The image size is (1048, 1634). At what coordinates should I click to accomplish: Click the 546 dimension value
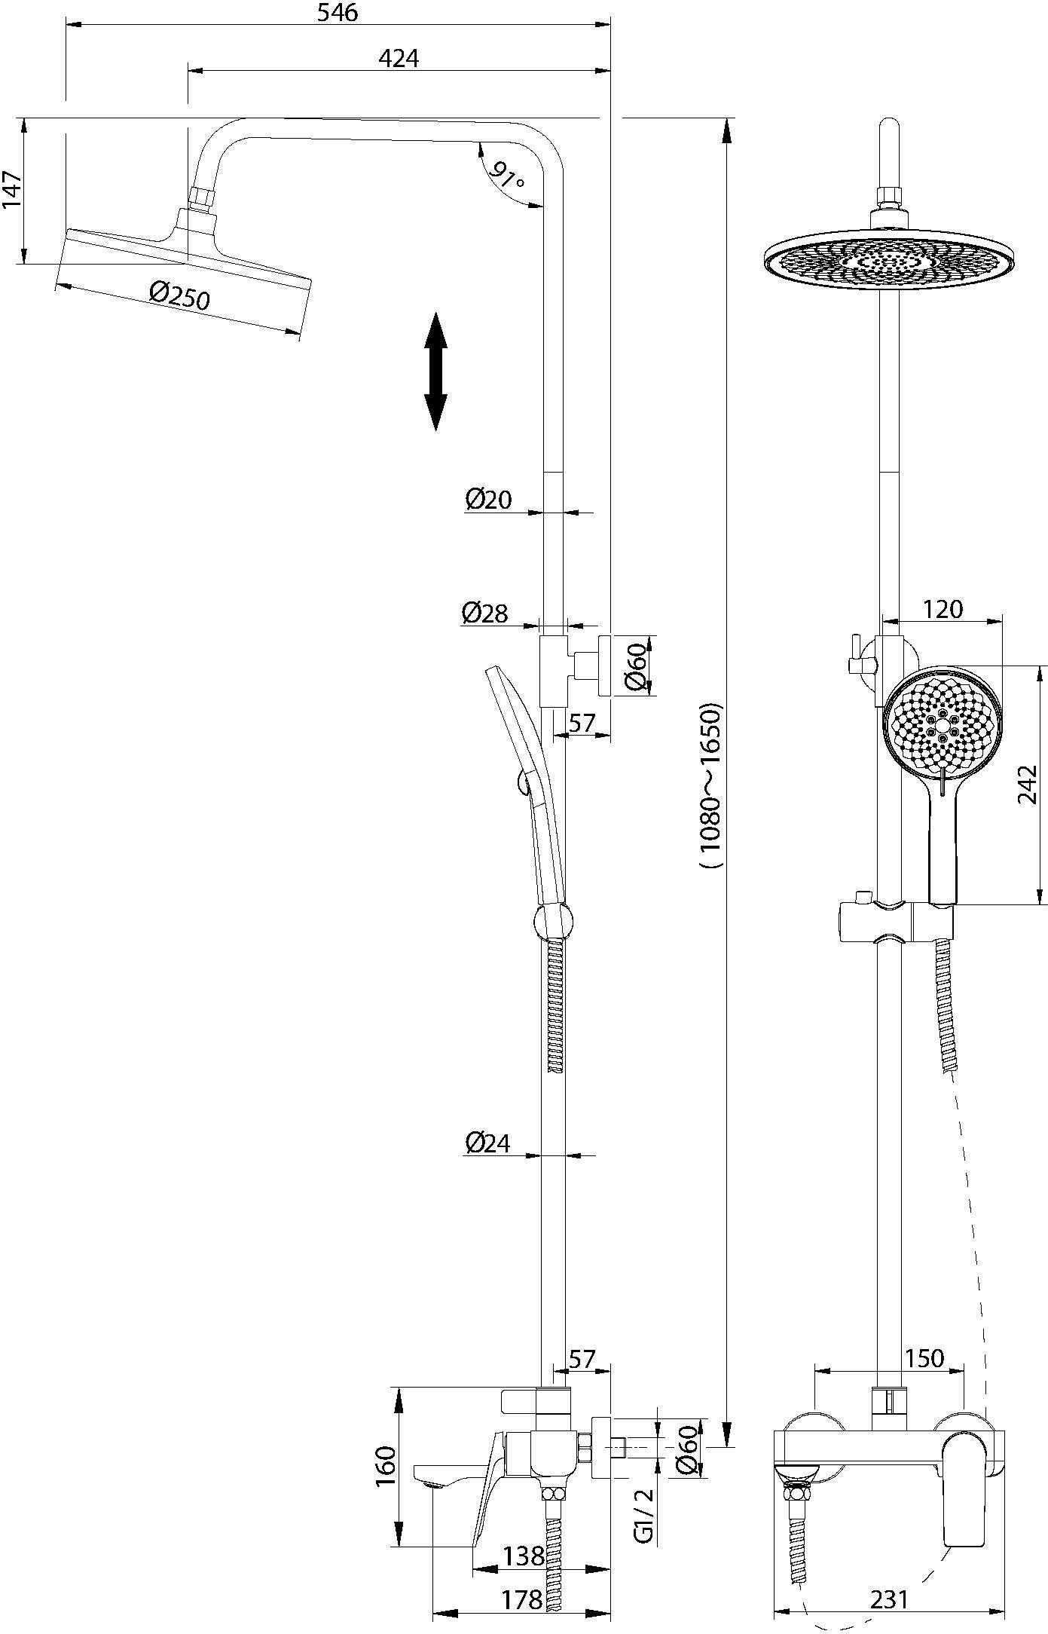tap(337, 13)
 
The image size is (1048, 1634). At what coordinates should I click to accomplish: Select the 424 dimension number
tap(399, 58)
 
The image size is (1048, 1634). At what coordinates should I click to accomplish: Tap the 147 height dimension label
tap(12, 191)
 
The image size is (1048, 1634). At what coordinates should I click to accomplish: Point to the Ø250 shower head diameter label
tap(179, 295)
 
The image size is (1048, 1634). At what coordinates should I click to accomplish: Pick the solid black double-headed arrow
tap(435, 372)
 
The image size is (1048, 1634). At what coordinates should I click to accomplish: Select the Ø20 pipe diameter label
tap(488, 499)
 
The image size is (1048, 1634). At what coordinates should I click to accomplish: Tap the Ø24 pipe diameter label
tap(487, 1143)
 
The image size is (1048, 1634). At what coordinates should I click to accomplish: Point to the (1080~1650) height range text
tap(710, 785)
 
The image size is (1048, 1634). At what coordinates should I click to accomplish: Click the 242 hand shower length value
tap(1027, 784)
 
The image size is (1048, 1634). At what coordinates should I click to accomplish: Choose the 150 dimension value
tap(924, 1358)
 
